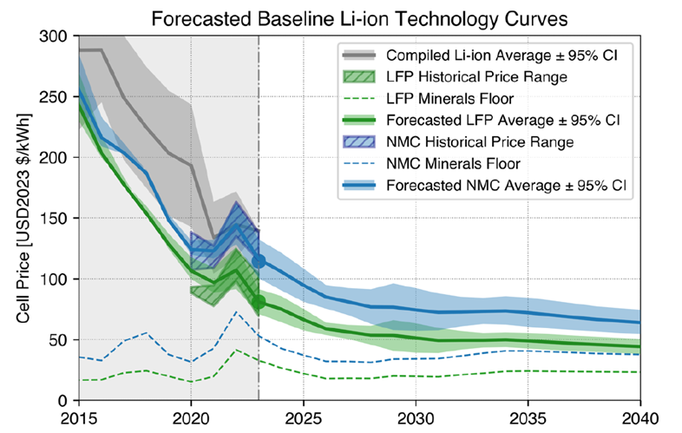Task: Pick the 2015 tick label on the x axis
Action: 79,417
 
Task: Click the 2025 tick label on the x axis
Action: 304,417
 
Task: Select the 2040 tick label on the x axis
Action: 640,417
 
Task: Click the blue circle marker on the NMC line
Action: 259,260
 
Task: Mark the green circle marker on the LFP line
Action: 259,302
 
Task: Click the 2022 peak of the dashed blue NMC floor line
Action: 235,312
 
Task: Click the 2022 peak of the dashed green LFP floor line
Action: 235,350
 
